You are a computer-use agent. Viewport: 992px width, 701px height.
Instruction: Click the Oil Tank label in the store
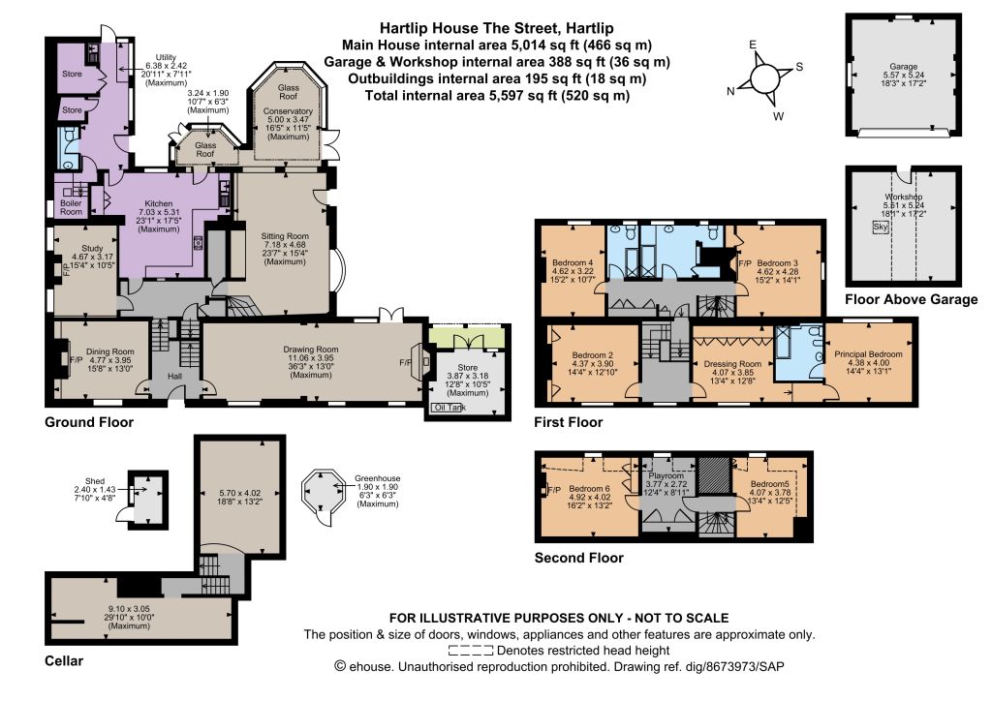click(449, 408)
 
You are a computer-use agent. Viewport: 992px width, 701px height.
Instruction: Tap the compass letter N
click(730, 91)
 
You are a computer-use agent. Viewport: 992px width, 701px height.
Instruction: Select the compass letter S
click(799, 67)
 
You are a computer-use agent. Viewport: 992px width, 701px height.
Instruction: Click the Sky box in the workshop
click(880, 227)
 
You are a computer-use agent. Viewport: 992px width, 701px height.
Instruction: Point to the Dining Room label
click(110, 351)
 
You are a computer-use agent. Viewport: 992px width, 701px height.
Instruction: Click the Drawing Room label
click(311, 350)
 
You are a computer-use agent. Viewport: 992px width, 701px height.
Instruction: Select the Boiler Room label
click(71, 207)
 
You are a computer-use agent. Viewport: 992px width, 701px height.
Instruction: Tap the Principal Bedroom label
click(868, 354)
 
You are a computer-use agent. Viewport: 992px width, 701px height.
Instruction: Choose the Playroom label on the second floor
click(666, 475)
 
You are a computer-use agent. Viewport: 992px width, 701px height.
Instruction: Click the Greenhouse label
click(377, 478)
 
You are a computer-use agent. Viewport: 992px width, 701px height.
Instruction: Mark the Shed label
click(95, 481)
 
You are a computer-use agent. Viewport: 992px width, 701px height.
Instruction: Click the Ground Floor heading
click(89, 422)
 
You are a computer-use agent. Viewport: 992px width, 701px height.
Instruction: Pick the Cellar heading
click(64, 661)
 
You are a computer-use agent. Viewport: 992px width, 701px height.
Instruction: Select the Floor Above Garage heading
click(911, 299)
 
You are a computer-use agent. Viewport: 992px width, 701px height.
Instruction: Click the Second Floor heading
click(579, 558)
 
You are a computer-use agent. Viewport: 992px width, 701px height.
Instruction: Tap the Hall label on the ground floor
click(174, 376)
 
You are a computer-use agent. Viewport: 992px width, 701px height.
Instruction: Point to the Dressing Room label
click(732, 364)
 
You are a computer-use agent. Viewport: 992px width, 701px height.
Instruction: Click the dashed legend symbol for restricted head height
click(471, 651)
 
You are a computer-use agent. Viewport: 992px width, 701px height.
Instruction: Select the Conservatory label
click(288, 111)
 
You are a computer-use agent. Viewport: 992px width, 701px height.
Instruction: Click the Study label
click(92, 249)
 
